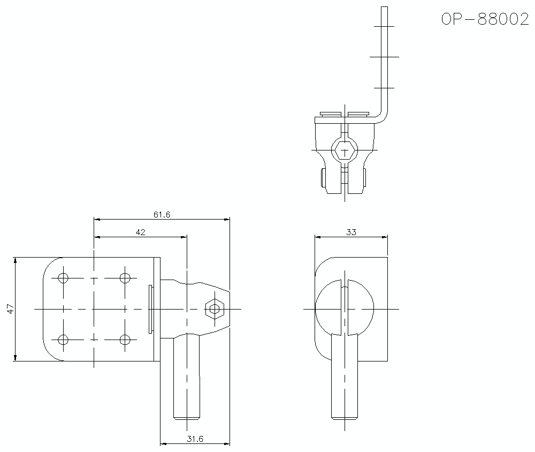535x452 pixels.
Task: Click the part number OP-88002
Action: (x=485, y=19)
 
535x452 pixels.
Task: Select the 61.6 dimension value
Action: (x=161, y=214)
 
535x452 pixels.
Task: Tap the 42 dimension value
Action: (x=140, y=232)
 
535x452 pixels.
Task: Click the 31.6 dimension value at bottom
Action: (x=195, y=439)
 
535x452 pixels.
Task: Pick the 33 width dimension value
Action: (x=351, y=232)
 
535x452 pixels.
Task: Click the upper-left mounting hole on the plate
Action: (x=63, y=278)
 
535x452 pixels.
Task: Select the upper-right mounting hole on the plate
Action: (x=125, y=278)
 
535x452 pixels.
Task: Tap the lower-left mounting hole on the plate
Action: (x=63, y=340)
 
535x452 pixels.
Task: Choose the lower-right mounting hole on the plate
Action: (x=125, y=340)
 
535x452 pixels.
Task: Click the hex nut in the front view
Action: (x=215, y=309)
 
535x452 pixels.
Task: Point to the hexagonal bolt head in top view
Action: (x=345, y=150)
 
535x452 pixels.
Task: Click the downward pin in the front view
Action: (x=187, y=375)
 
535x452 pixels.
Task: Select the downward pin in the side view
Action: (x=345, y=375)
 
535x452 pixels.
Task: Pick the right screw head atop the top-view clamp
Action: (x=358, y=114)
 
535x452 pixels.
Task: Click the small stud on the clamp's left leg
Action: (x=323, y=177)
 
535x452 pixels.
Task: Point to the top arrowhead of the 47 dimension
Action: (x=16, y=260)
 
